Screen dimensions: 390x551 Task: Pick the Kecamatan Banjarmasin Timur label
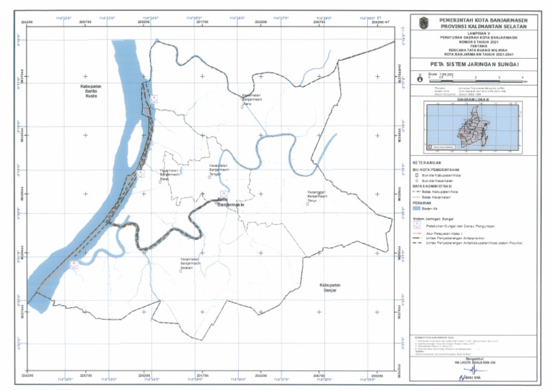pos(317,196)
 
